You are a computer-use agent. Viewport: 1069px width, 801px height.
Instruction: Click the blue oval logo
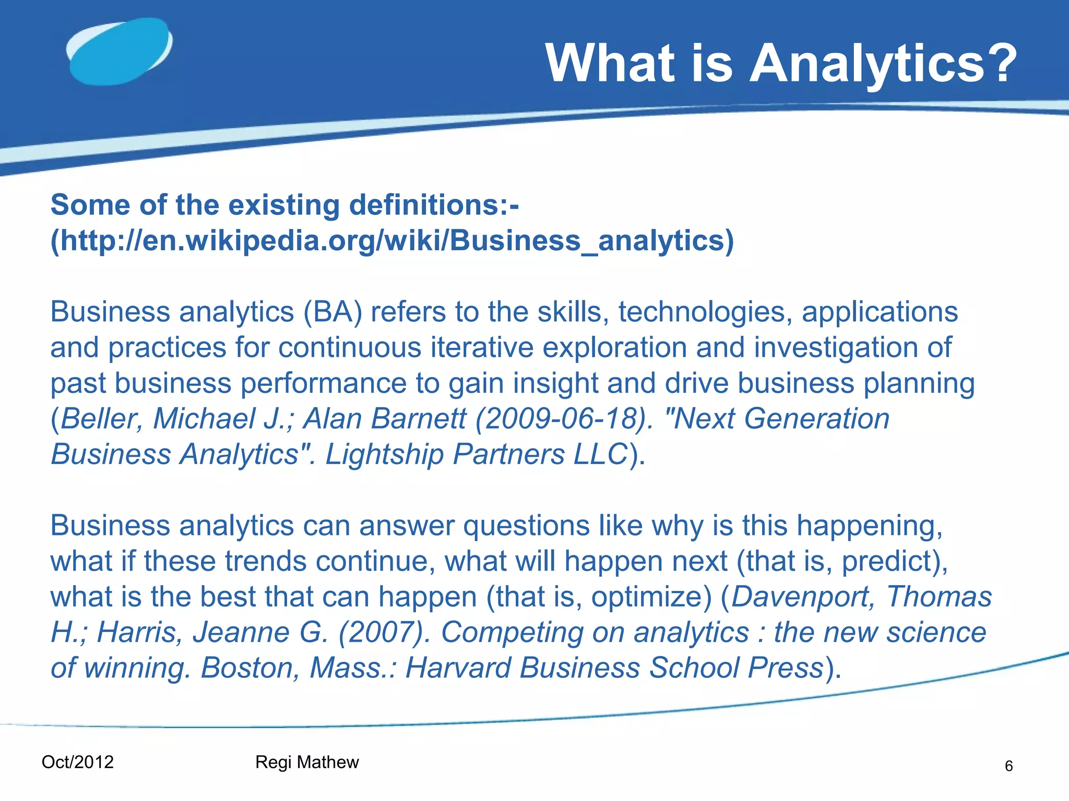tap(120, 52)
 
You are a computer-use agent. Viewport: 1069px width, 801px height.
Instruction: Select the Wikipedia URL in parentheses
tap(392, 241)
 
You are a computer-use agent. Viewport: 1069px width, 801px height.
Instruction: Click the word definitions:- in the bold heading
tap(434, 205)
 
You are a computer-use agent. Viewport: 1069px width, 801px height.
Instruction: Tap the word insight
tap(554, 383)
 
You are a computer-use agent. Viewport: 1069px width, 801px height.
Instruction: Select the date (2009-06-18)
tap(564, 419)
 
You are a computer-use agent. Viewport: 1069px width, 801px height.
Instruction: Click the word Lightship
tap(384, 454)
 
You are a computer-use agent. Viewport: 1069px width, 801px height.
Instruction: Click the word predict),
tap(895, 561)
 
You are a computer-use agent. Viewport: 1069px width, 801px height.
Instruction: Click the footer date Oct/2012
tap(77, 762)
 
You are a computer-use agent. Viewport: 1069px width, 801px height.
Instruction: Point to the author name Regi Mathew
tap(307, 762)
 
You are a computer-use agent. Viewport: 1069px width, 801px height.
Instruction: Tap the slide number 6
tap(1008, 766)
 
